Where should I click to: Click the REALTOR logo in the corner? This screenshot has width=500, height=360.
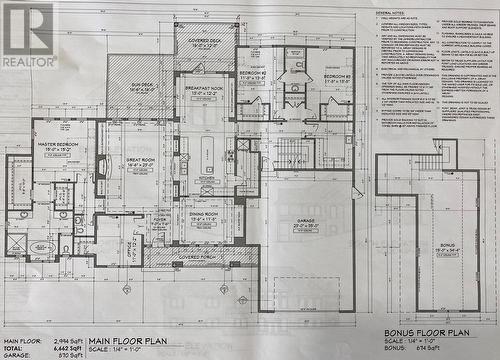point(28,33)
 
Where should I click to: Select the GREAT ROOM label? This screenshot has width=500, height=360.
point(139,161)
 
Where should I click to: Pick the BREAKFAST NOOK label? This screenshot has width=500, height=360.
point(205,90)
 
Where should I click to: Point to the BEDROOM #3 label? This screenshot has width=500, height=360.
point(336,77)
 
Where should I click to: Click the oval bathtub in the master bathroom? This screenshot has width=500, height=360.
point(42,246)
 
